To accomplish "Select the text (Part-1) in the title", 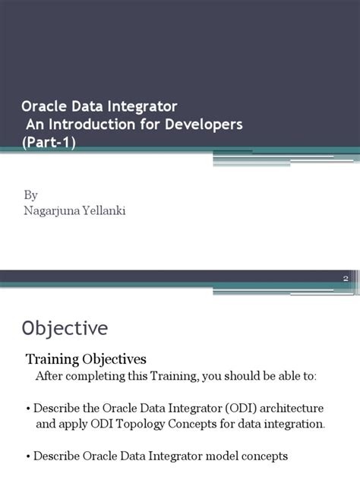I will pyautogui.click(x=49, y=142).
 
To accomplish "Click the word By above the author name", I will pyautogui.click(x=30, y=196).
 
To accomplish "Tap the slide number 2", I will pyautogui.click(x=345, y=279).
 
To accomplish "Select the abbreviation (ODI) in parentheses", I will pyautogui.click(x=233, y=409).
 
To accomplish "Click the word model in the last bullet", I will pyautogui.click(x=213, y=456).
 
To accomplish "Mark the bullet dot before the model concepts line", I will pyautogui.click(x=28, y=456).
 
